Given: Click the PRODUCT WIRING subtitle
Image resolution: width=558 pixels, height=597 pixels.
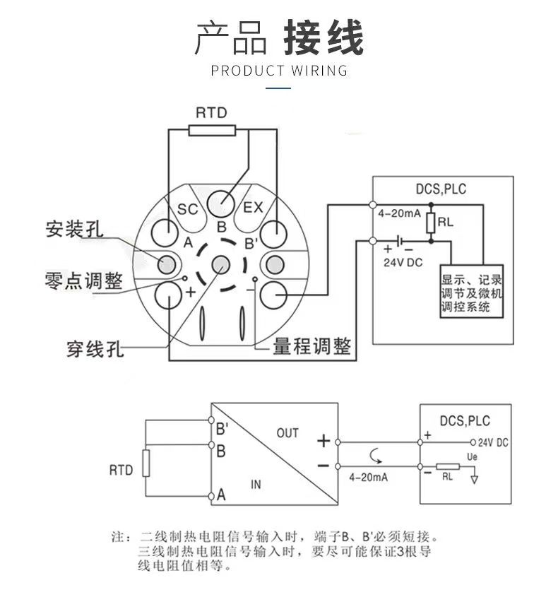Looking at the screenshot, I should click(x=279, y=71).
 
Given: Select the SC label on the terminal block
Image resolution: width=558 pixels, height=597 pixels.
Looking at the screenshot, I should click(x=187, y=209).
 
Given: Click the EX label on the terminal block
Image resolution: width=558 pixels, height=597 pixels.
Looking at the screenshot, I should click(x=253, y=208).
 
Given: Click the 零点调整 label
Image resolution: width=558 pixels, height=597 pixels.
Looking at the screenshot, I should click(x=83, y=281).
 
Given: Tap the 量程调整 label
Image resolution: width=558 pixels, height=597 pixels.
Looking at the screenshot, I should click(x=311, y=346).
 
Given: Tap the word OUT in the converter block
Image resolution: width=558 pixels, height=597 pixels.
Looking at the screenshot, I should click(x=287, y=433).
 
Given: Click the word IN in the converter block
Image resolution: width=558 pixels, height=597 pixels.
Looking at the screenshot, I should click(x=256, y=485).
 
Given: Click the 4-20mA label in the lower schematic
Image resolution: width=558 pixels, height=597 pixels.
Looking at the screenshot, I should click(x=368, y=478).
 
